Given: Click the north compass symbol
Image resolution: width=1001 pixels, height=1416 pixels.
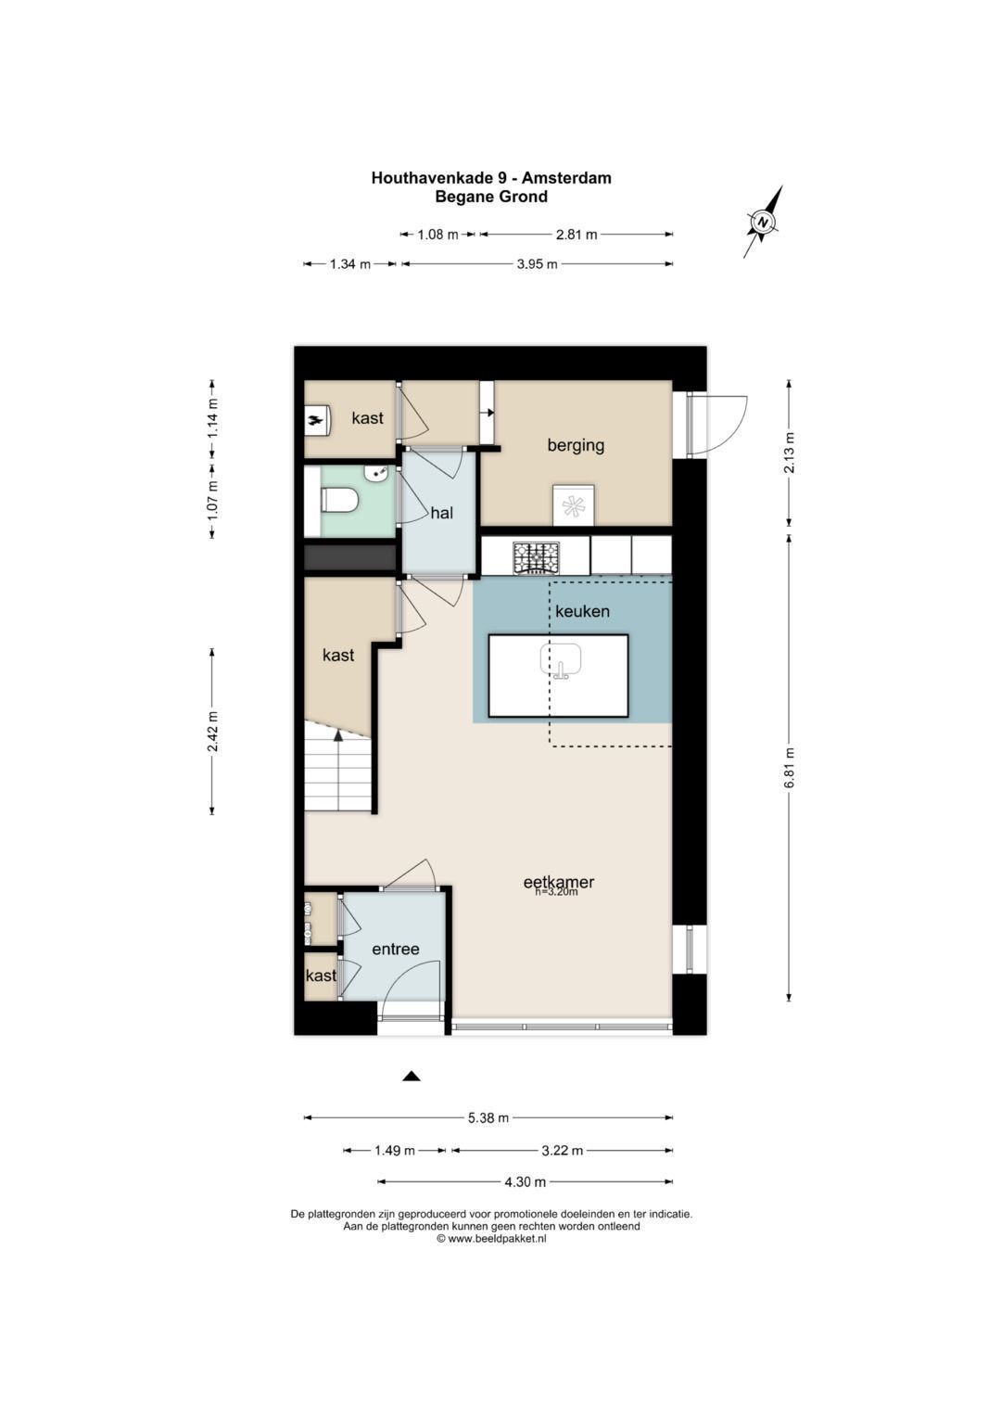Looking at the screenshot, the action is click(764, 222).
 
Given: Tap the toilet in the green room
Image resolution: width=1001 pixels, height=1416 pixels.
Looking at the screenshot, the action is click(340, 501).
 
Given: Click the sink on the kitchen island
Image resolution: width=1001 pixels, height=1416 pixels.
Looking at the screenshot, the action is click(561, 661).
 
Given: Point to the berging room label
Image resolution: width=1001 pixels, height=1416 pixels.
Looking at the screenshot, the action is click(576, 446).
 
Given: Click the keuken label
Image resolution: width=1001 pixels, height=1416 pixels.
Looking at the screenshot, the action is click(582, 611).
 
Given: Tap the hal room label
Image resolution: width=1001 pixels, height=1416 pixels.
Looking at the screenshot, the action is click(442, 514).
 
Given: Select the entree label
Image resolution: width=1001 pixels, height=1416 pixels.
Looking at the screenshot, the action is click(396, 949).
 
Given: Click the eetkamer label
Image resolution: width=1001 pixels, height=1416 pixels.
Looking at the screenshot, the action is click(559, 881).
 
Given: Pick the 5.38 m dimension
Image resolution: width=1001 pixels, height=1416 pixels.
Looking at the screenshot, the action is click(488, 1117).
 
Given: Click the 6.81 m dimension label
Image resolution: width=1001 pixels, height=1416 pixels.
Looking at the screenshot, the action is click(789, 768).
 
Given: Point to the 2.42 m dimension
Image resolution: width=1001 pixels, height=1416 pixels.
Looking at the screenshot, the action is click(212, 732).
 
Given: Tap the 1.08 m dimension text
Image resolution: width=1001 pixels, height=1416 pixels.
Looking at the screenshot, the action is click(437, 235).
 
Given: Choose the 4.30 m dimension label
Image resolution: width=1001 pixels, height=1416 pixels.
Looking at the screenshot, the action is click(526, 1181).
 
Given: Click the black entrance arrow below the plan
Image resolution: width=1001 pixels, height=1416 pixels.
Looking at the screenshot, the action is click(412, 1076).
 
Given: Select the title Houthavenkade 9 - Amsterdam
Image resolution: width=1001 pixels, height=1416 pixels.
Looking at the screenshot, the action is click(491, 178).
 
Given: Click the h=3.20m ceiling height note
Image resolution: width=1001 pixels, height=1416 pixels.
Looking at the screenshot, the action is click(556, 892).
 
